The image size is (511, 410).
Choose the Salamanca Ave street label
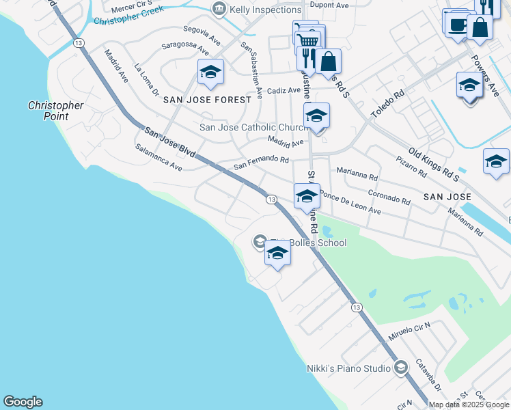[x=158, y=156]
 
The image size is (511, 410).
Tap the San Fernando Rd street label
[x=262, y=163]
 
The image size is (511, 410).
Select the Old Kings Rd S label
[x=433, y=161]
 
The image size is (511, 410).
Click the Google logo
[x=23, y=402]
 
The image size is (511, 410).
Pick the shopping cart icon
[x=308, y=42]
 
